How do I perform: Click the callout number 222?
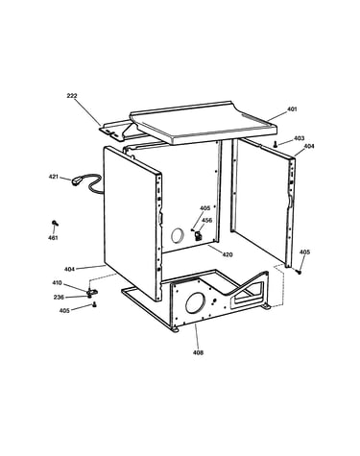(x=72, y=96)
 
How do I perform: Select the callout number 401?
(x=292, y=109)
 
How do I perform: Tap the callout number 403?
(x=299, y=138)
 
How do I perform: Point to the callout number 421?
(x=54, y=177)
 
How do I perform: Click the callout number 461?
(x=53, y=238)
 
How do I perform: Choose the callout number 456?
(x=206, y=221)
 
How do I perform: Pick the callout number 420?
(x=228, y=254)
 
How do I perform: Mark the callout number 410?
(x=57, y=283)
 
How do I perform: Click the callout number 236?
(x=59, y=298)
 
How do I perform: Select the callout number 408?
(x=198, y=352)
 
